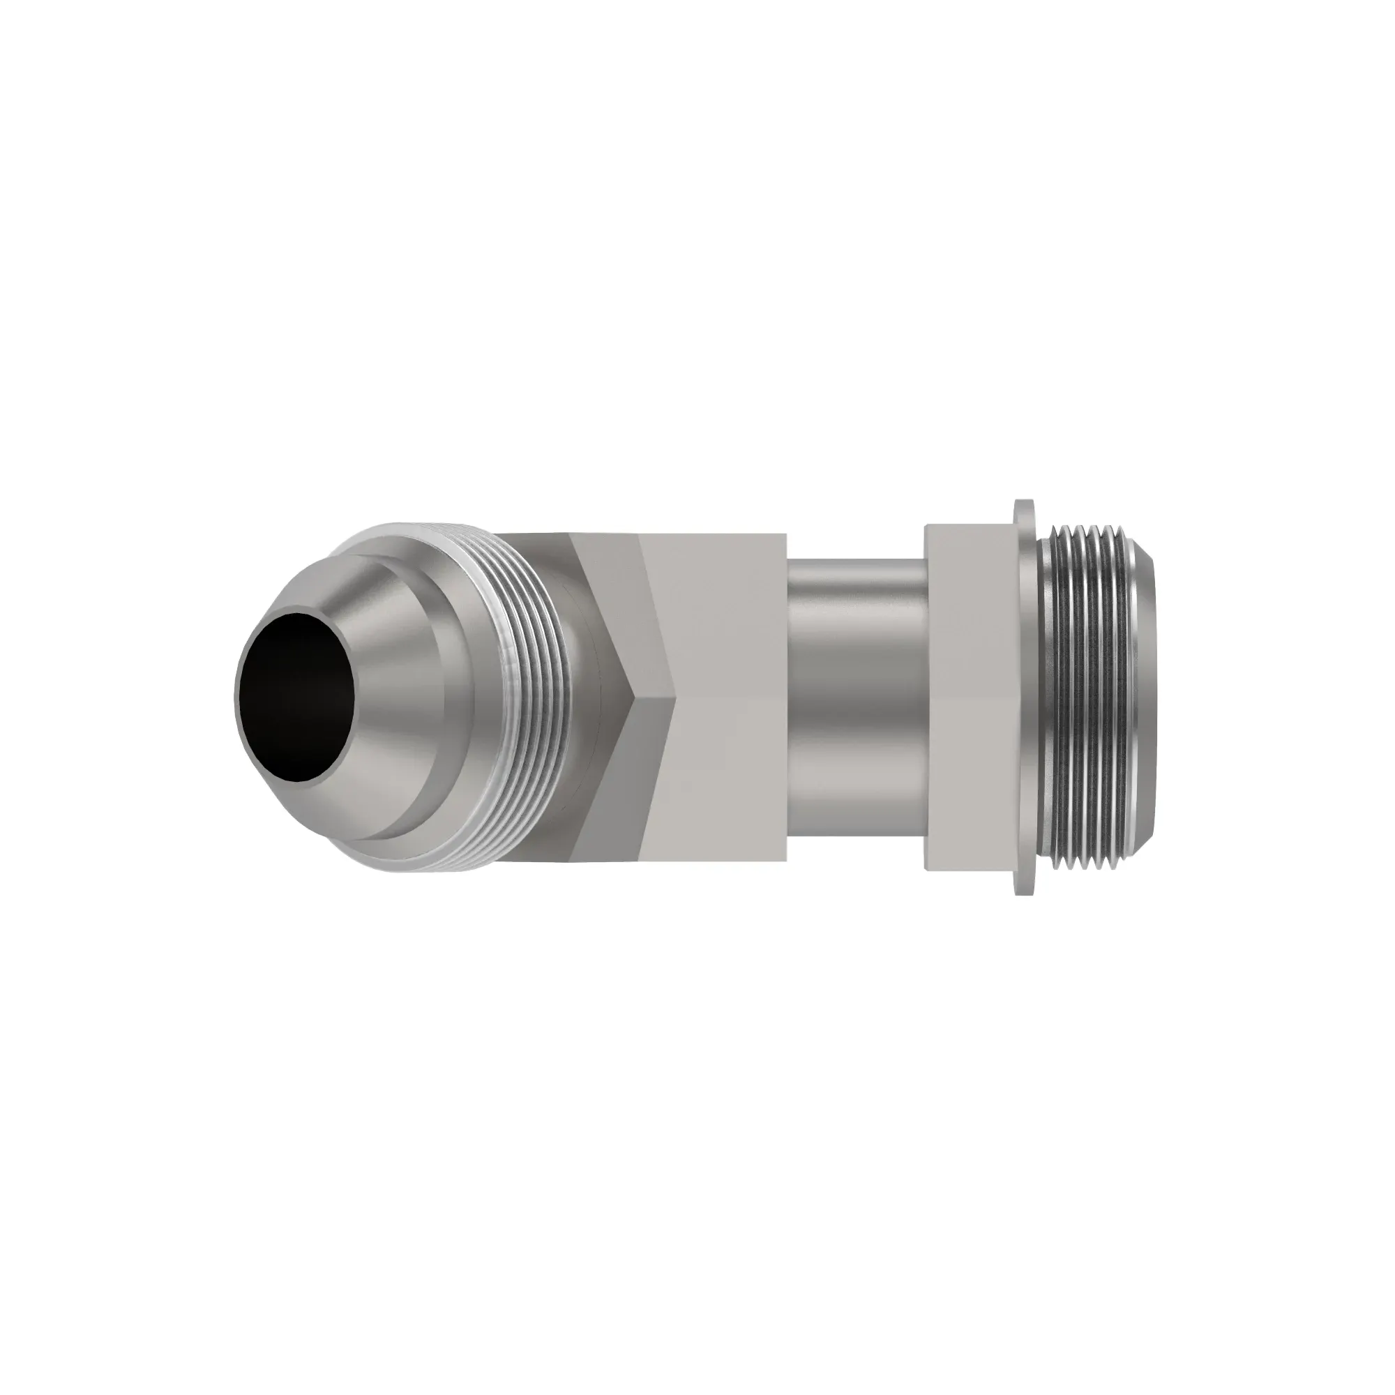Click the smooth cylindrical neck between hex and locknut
click(x=856, y=697)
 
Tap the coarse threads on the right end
click(x=1083, y=697)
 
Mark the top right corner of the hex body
click(x=785, y=535)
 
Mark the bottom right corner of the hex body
click(x=785, y=861)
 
